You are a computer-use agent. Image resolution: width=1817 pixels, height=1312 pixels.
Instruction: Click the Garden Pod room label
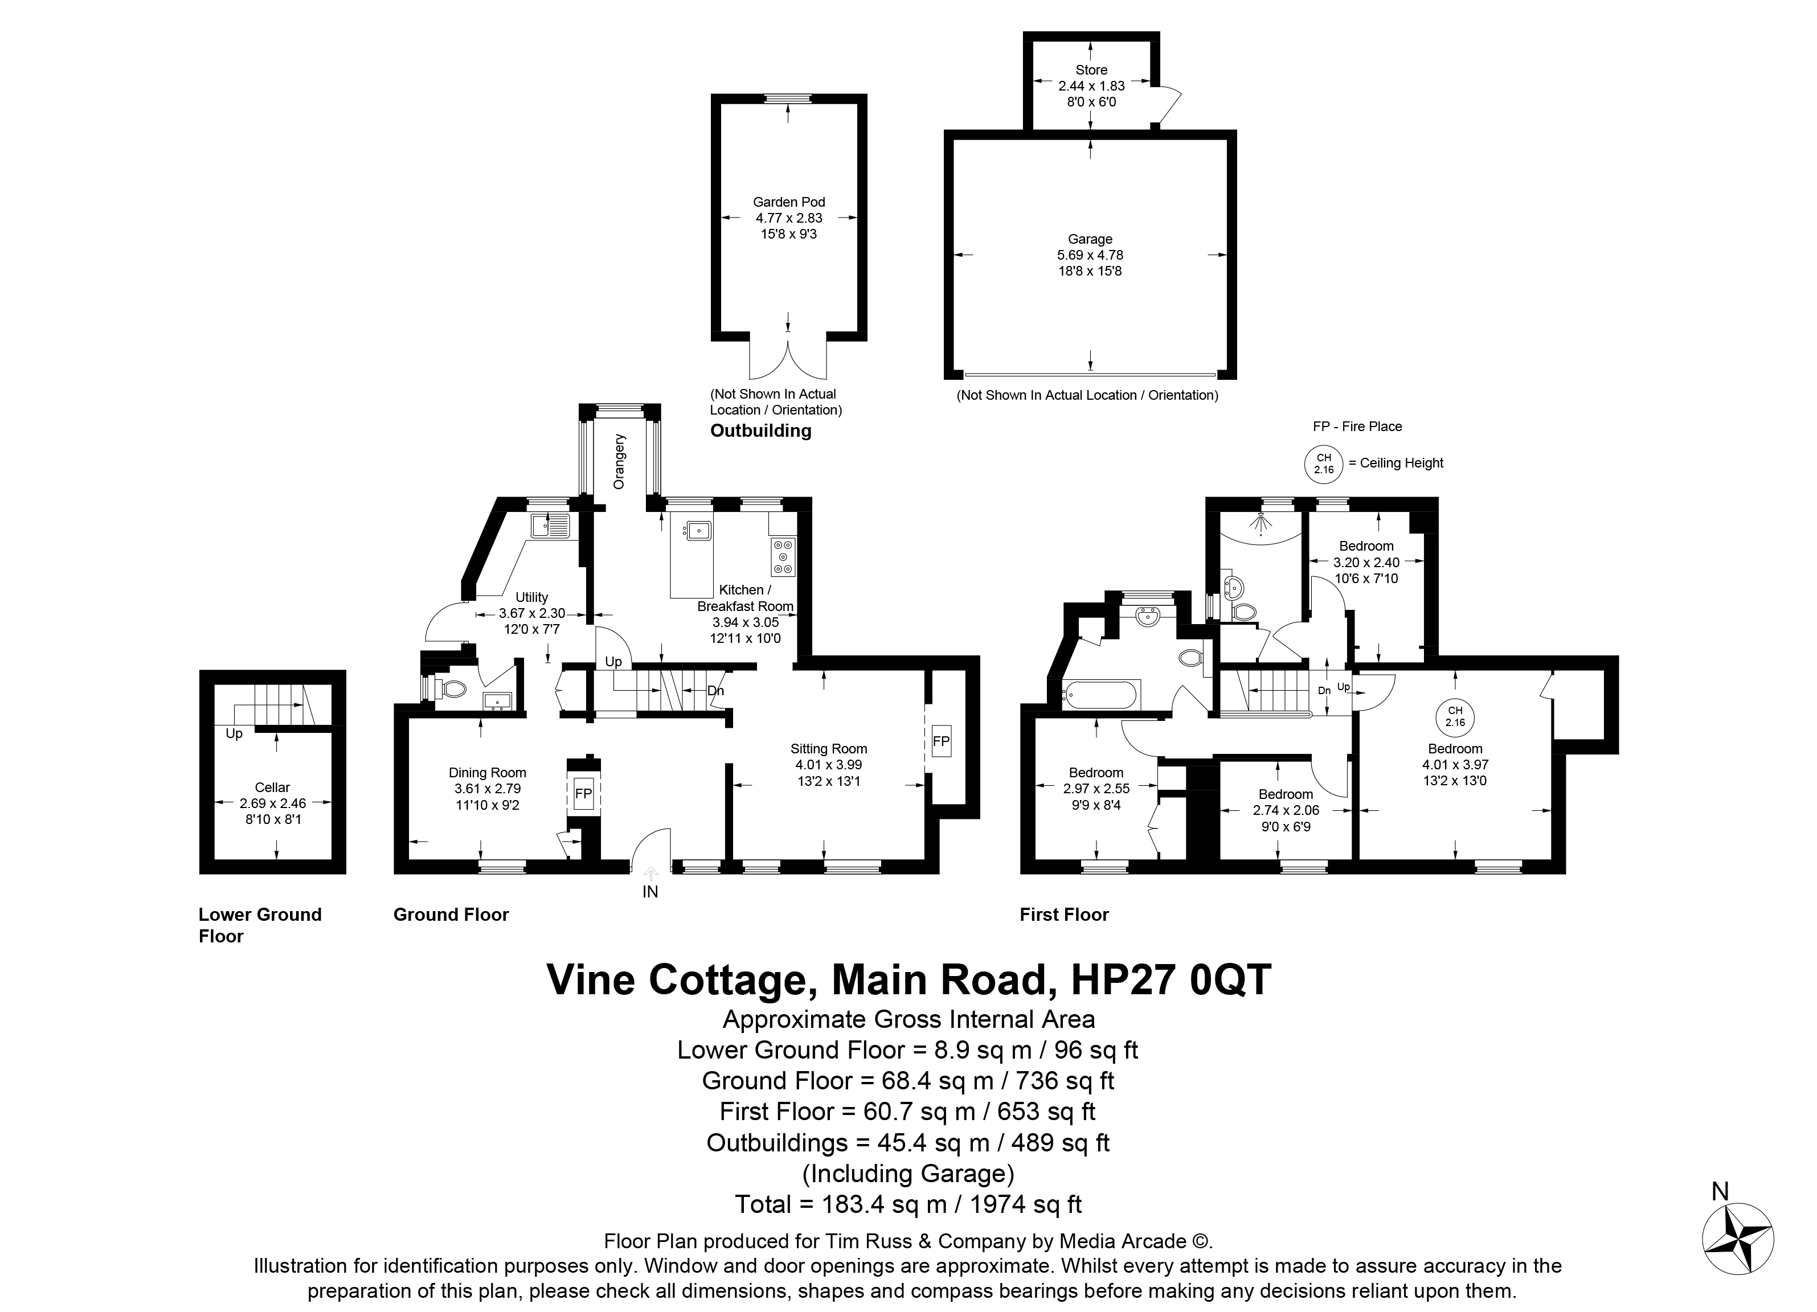click(x=788, y=202)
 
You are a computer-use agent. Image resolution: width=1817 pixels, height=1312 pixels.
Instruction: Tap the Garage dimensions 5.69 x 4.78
click(x=1090, y=255)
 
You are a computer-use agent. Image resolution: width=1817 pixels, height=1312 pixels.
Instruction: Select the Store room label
click(x=1091, y=69)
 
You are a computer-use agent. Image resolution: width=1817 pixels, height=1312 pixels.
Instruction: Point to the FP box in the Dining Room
click(x=583, y=794)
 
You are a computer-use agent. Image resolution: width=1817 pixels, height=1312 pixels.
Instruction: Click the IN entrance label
click(x=650, y=892)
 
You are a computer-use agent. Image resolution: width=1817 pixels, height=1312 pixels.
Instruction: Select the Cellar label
click(x=272, y=788)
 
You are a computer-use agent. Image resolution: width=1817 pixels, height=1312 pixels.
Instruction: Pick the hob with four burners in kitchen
click(x=783, y=557)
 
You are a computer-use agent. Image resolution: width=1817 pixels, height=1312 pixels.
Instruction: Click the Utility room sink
click(x=550, y=526)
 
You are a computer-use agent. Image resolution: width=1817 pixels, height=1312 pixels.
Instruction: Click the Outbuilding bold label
click(x=760, y=431)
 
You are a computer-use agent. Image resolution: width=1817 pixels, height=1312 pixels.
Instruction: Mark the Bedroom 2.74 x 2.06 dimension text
click(x=1285, y=810)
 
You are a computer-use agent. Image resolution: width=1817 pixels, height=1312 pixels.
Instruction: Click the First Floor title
click(x=1064, y=915)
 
